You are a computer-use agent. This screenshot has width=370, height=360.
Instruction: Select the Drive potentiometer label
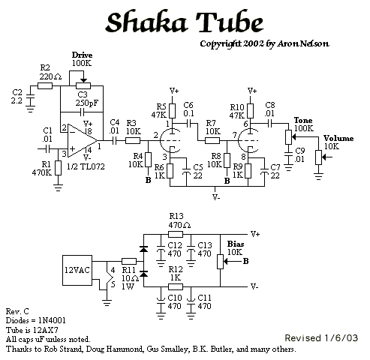coord(82,55)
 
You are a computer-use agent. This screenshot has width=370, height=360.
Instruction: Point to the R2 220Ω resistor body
coord(45,86)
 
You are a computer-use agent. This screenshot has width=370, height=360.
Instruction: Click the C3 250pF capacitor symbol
coord(82,112)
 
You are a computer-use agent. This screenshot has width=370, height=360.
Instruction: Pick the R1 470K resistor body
coord(58,168)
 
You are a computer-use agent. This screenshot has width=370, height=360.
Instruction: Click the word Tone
coord(303,120)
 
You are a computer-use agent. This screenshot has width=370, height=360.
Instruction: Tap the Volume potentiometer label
coord(338,138)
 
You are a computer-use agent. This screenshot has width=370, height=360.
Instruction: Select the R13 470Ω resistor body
coord(176,235)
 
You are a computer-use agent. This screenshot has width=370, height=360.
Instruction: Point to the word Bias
coord(236,244)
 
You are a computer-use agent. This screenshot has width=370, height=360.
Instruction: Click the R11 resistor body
coord(129,262)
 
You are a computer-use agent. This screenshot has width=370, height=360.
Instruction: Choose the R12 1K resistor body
coord(176,286)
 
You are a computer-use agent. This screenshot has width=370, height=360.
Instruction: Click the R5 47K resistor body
coord(172,111)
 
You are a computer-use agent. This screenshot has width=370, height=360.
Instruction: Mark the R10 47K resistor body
coord(250,111)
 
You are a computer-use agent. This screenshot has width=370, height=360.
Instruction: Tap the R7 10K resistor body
coord(212,141)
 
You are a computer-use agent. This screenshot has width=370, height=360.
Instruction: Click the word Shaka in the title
coord(146,22)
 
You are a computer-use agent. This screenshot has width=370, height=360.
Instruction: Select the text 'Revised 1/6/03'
coord(321,338)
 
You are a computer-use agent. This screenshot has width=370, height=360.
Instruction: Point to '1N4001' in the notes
coord(52,320)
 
